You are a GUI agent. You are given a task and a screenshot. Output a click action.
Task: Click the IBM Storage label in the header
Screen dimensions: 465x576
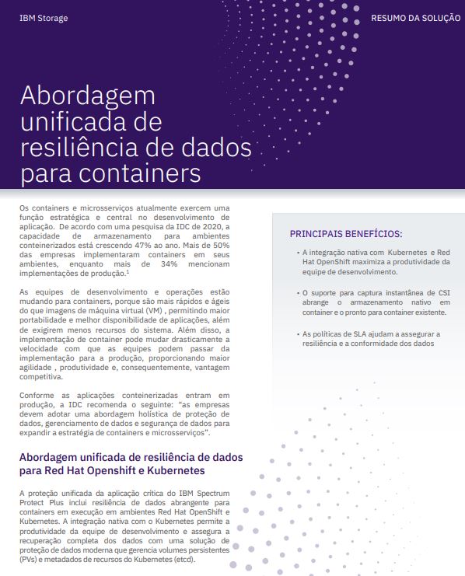[43, 17]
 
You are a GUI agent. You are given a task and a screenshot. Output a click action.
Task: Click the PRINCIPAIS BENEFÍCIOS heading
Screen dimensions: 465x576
[346, 233]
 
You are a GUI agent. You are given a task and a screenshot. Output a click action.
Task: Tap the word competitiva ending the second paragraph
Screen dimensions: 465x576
[46, 376]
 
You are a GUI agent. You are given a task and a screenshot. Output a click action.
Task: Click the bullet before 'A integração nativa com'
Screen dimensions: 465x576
[298, 253]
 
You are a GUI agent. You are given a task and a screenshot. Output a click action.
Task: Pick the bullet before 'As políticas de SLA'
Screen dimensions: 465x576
[298, 334]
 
